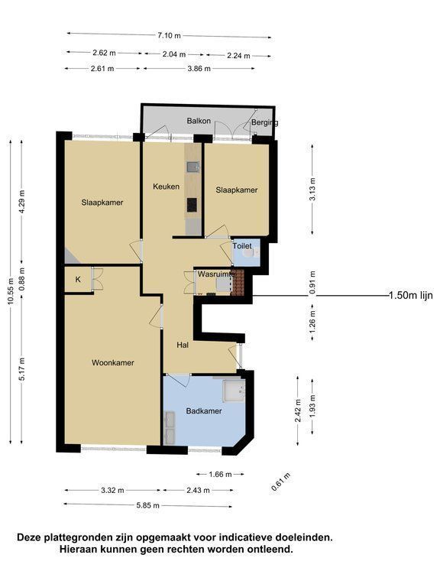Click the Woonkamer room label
click(x=112, y=363)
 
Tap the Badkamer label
click(x=204, y=411)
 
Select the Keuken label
click(x=166, y=186)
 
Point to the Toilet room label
click(x=242, y=246)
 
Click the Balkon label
click(x=199, y=122)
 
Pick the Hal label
click(x=183, y=345)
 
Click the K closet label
click(x=78, y=280)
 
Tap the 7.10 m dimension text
click(x=169, y=36)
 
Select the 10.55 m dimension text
click(x=11, y=291)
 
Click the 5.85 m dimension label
click(x=147, y=505)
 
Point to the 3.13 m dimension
click(x=312, y=188)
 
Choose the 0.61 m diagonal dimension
click(x=281, y=482)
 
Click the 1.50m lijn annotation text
click(x=410, y=295)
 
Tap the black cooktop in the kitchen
click(x=192, y=204)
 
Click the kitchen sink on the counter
click(x=193, y=167)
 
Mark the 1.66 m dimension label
click(x=220, y=475)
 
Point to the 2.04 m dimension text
click(x=174, y=54)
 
